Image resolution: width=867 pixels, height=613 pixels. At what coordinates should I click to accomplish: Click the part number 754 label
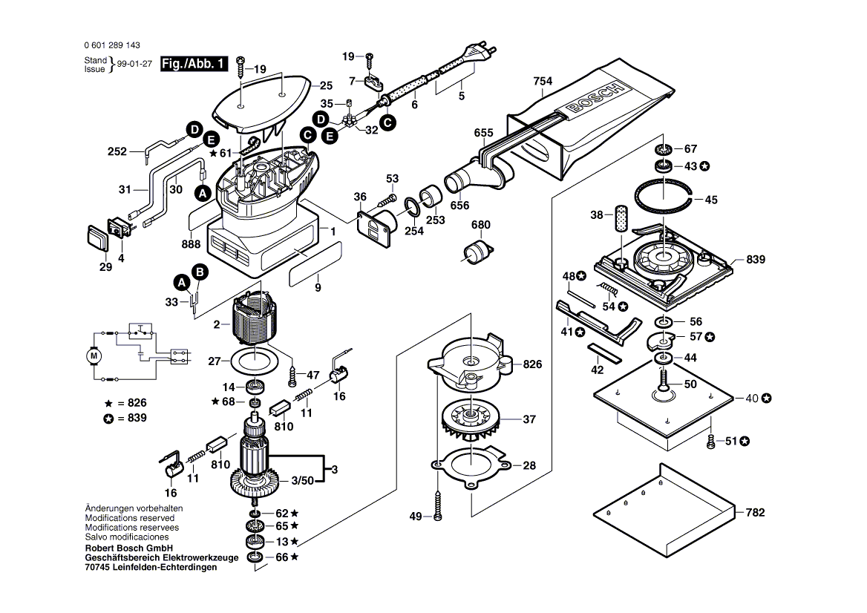pyautogui.click(x=543, y=81)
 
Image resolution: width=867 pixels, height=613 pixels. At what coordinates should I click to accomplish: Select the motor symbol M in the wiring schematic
pyautogui.click(x=94, y=355)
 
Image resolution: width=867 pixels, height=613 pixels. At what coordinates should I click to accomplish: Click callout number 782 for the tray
pyautogui.click(x=754, y=512)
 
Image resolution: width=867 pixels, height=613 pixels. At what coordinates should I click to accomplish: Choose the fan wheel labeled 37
pyautogui.click(x=470, y=419)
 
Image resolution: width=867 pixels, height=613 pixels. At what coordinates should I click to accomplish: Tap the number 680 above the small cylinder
pyautogui.click(x=481, y=225)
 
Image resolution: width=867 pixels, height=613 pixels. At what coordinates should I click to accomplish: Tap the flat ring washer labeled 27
pyautogui.click(x=255, y=362)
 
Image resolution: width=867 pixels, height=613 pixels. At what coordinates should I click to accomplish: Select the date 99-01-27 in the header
pyautogui.click(x=134, y=65)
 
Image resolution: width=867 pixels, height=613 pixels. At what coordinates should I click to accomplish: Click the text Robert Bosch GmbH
pyautogui.click(x=129, y=548)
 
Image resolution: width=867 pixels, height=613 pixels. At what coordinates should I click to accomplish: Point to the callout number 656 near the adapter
pyautogui.click(x=460, y=206)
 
